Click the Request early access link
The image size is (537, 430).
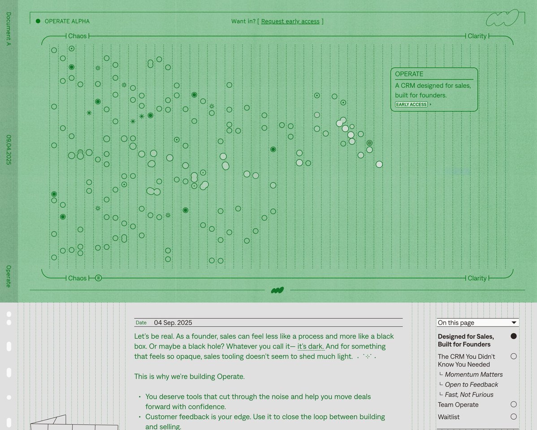(x=290, y=21)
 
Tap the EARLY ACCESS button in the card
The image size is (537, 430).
(x=411, y=104)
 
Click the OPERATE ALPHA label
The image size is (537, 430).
(x=67, y=21)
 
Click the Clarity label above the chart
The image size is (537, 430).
(x=477, y=36)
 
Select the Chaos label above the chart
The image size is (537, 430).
(x=78, y=36)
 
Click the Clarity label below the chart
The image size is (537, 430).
(x=477, y=278)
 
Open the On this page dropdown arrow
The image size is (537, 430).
(x=514, y=322)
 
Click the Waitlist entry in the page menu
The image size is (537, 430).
(x=449, y=417)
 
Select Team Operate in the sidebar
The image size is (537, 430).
(x=458, y=404)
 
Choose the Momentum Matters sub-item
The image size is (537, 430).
(x=474, y=374)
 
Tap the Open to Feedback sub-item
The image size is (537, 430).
(x=471, y=384)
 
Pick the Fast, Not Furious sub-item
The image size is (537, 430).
(x=469, y=395)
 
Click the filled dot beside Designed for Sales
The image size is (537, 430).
(x=513, y=336)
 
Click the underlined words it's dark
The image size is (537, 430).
(x=311, y=347)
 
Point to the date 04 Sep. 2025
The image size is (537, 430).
(x=173, y=322)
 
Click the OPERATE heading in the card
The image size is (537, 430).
(x=409, y=74)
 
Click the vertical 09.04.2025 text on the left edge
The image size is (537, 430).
(x=9, y=150)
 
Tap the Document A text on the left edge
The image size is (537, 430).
(x=9, y=29)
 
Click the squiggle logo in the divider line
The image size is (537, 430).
(x=277, y=290)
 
